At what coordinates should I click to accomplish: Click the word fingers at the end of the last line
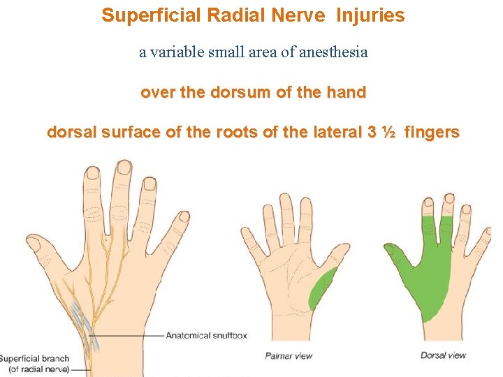point(432,132)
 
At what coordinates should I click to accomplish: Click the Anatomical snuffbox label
point(205,336)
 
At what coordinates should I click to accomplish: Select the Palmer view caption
point(289,356)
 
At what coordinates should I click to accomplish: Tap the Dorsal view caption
point(443,355)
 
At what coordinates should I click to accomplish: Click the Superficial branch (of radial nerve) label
point(35,364)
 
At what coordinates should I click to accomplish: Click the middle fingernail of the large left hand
point(124,168)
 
